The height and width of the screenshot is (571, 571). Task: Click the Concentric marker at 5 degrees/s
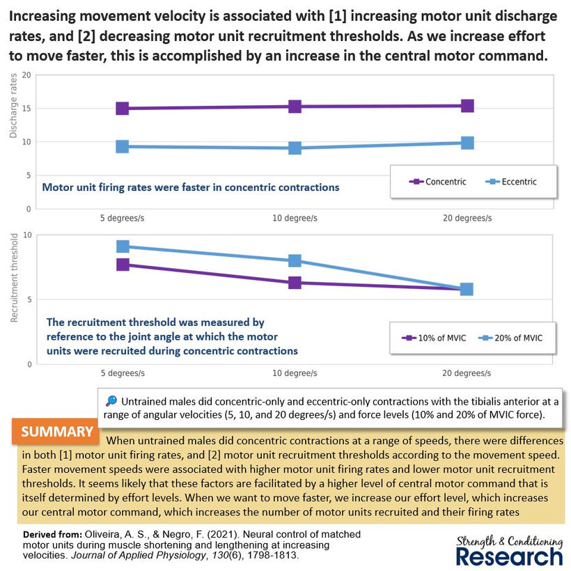coord(123,108)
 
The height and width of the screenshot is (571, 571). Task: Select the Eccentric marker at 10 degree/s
coord(295,148)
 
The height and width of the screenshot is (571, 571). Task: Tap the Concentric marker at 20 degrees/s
coord(467,106)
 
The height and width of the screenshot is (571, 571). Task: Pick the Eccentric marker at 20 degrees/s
coord(467,143)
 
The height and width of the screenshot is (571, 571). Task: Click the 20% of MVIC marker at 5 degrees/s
coord(123,247)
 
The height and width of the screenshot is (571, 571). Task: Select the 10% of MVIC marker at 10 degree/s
coord(295,283)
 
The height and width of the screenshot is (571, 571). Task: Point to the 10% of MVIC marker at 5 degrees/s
coord(123,265)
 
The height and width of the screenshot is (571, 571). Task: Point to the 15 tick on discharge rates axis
coord(27,109)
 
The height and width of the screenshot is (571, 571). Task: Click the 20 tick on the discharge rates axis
coord(27,75)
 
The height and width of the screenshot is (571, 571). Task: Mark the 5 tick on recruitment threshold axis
coord(29,300)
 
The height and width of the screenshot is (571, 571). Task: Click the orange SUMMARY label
coord(52,432)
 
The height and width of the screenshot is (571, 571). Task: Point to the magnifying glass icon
coord(111,402)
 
